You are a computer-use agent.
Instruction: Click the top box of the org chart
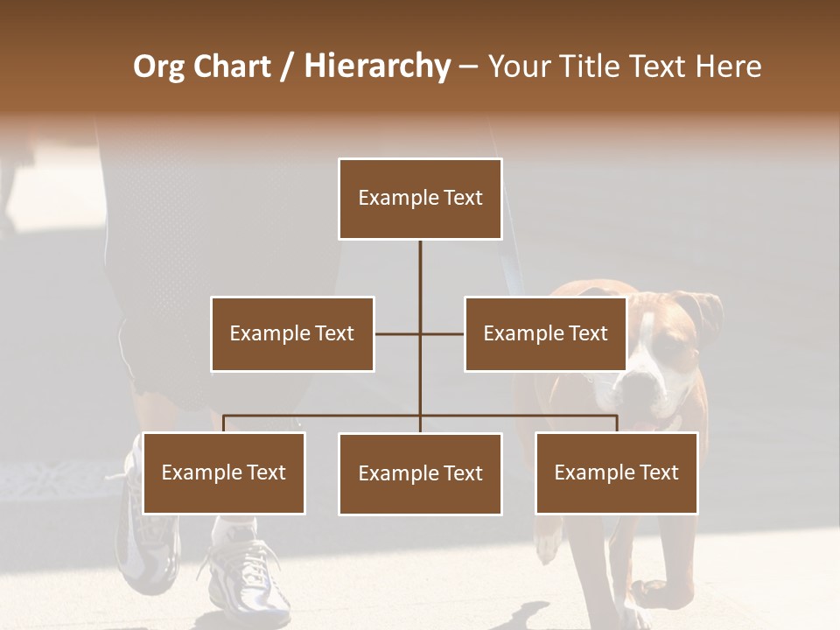point(420,199)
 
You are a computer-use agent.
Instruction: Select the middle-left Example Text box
point(292,333)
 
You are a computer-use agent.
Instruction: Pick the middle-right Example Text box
point(545,333)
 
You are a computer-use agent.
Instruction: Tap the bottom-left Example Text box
point(224,472)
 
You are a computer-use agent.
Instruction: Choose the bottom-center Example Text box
point(420,473)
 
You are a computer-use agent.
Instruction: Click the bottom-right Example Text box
point(616,472)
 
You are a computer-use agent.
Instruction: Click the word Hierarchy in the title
point(376,66)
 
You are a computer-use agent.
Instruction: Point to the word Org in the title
point(160,66)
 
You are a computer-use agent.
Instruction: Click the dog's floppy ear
point(707,311)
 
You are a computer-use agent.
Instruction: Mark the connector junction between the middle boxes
point(420,333)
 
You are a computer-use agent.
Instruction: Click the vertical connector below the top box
point(420,267)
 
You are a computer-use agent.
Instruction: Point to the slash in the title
point(287,66)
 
